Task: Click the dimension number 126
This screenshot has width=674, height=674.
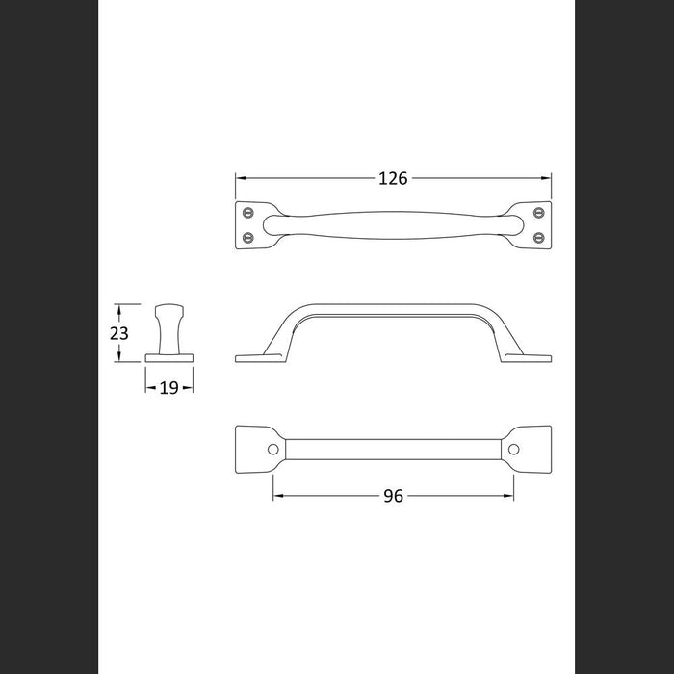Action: [393, 178]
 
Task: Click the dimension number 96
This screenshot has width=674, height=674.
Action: [393, 496]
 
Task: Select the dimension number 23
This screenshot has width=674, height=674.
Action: [119, 333]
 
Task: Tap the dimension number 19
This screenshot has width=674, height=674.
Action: [168, 388]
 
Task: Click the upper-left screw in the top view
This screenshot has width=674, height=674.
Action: [248, 213]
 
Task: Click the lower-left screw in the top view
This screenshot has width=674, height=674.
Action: [248, 237]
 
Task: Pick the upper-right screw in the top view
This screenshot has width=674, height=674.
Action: [538, 213]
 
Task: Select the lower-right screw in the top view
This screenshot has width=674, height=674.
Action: [538, 237]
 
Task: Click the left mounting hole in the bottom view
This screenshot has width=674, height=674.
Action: [272, 450]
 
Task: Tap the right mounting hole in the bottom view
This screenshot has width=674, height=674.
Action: [513, 450]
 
